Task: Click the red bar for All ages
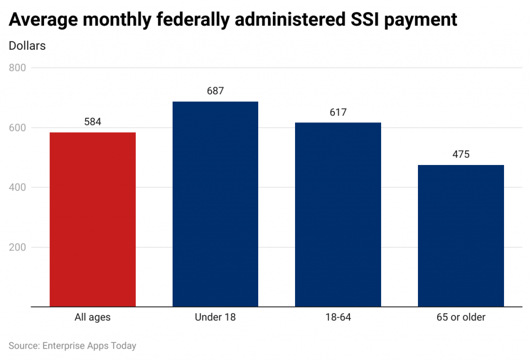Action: (92, 219)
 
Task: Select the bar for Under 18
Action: (215, 204)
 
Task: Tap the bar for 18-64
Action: (338, 214)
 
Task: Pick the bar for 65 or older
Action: (460, 236)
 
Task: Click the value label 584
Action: (92, 122)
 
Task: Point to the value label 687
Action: (215, 91)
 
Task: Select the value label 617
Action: (338, 112)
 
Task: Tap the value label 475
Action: (460, 155)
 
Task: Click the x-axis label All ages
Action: (92, 317)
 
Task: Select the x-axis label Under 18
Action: (215, 317)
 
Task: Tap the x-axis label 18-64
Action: (338, 317)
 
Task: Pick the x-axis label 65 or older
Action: (460, 317)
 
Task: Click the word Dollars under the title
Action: (27, 46)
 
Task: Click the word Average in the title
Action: (41, 20)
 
